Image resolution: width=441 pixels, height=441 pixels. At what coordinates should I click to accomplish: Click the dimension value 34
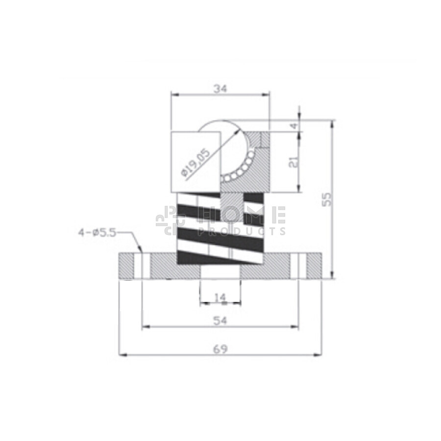coord(220,89)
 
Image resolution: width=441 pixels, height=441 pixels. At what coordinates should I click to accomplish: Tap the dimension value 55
coord(326,199)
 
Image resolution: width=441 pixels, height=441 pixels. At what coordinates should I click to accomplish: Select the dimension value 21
coord(294,162)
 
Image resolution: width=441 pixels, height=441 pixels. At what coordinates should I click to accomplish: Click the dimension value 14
coord(220,297)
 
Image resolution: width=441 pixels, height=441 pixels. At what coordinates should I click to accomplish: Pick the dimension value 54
coord(220,320)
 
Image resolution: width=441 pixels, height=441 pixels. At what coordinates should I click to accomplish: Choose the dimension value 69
coord(220,349)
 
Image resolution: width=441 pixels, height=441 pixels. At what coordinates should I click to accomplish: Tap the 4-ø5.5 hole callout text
coord(97,233)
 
